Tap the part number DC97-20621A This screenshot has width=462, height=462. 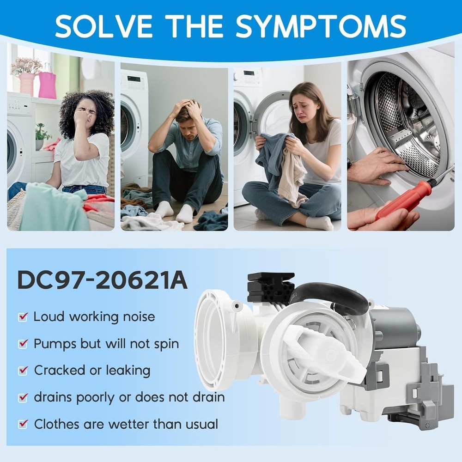coord(102,280)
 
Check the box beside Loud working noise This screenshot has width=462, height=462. coord(23,317)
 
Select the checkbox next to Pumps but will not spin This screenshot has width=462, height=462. coord(23,344)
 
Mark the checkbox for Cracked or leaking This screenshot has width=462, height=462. coord(23,371)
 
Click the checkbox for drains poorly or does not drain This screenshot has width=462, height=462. coord(23,397)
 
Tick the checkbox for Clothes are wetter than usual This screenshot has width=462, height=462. coord(23,424)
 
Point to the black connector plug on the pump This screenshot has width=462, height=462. coord(270,286)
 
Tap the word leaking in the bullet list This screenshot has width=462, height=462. coord(128,371)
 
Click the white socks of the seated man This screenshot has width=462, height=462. coord(176,212)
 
